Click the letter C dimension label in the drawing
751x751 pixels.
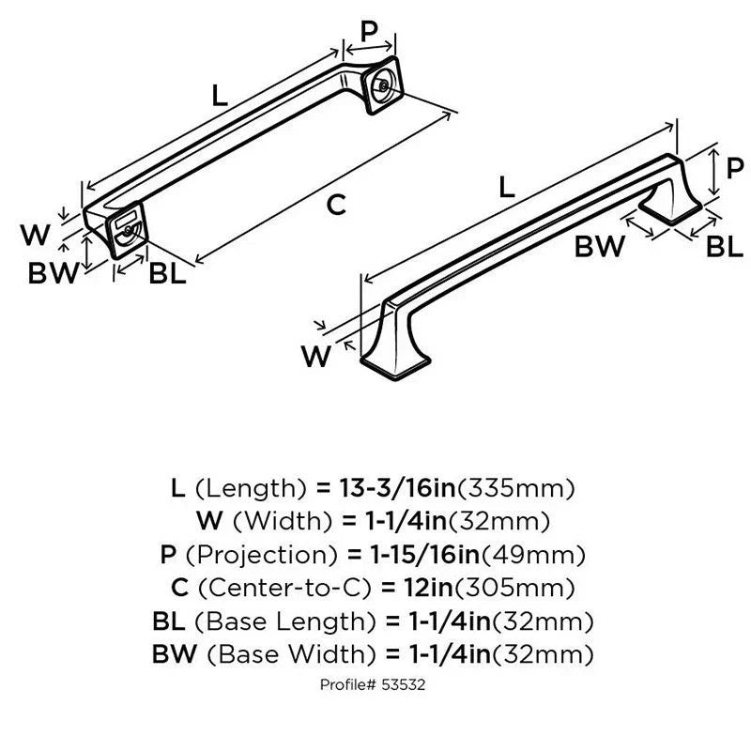(x=335, y=204)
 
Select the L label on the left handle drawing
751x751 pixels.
(x=220, y=95)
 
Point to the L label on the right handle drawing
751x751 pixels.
(x=507, y=187)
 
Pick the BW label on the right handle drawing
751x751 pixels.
(x=599, y=247)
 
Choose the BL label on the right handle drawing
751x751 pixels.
(x=724, y=247)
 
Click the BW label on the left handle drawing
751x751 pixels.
(x=52, y=274)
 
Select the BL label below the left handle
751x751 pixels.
(x=167, y=274)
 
